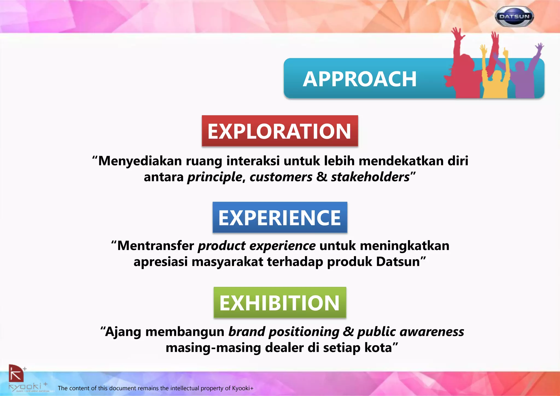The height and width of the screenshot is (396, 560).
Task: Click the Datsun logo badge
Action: click(x=514, y=16)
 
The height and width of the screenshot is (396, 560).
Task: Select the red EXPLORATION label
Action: click(x=280, y=131)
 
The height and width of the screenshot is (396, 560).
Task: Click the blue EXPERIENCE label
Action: click(x=280, y=218)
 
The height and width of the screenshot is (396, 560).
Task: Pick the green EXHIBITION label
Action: click(x=280, y=303)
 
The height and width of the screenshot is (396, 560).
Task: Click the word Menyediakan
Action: click(x=140, y=161)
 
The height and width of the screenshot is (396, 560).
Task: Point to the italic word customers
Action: click(x=281, y=177)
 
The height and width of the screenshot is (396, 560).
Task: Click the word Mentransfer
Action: click(x=156, y=246)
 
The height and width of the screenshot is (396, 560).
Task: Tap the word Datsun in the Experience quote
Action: click(x=398, y=262)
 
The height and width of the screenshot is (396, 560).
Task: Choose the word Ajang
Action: click(x=123, y=332)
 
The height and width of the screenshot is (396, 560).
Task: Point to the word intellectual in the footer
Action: click(x=185, y=388)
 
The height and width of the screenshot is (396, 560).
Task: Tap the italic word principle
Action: click(x=215, y=177)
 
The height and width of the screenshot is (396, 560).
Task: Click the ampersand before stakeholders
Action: click(x=322, y=177)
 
